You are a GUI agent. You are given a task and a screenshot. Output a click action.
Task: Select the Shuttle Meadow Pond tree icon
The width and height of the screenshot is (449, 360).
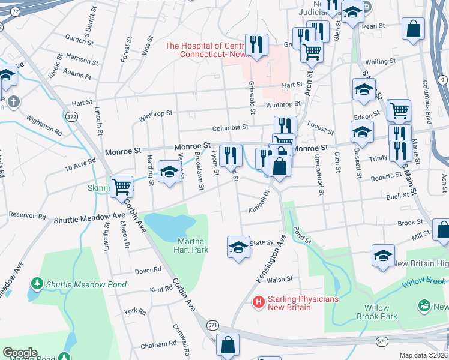pos(37,282)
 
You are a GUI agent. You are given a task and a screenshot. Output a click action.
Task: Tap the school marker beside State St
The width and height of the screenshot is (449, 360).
pos(238,247)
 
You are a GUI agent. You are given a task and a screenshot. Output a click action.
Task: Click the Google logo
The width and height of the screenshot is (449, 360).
pos(20,353)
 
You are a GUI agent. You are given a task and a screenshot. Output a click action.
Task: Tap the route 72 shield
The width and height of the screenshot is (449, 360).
pos(15,11)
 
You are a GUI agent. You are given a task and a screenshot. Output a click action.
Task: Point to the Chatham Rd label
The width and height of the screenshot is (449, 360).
pos(158,345)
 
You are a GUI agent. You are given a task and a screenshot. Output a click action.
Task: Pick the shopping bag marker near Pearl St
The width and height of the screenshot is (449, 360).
pos(414,28)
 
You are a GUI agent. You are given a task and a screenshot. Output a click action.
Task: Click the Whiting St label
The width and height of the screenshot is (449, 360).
pos(376,62)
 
